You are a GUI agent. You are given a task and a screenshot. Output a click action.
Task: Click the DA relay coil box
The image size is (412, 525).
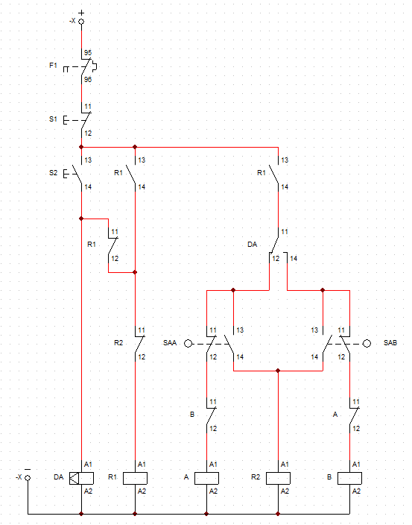[x=82, y=478]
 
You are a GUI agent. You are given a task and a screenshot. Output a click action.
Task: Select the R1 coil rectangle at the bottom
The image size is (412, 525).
[x=135, y=478]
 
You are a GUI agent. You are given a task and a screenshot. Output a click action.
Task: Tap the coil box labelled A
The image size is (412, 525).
[x=206, y=478]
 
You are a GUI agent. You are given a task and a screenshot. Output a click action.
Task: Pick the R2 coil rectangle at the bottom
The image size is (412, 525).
[x=278, y=478]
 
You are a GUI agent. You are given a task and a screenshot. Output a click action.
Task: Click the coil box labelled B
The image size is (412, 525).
[x=350, y=478]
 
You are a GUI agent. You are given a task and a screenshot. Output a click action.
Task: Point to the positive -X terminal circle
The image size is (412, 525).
[x=81, y=22]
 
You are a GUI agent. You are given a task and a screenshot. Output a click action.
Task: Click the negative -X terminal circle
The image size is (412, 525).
[x=28, y=478]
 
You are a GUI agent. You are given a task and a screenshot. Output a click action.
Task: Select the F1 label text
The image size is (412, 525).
[x=53, y=66]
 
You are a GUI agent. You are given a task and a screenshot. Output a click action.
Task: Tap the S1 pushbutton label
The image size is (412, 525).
[x=53, y=119]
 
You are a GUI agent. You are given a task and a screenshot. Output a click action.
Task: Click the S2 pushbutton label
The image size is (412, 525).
[x=53, y=173]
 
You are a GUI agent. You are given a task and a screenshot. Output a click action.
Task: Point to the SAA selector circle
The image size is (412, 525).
[x=188, y=344]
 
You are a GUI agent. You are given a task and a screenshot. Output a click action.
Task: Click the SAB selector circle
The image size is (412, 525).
[x=367, y=344]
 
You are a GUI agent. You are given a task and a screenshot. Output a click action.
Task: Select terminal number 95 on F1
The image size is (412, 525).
[x=88, y=52]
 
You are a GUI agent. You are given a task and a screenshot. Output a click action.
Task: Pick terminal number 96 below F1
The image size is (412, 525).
[x=88, y=79]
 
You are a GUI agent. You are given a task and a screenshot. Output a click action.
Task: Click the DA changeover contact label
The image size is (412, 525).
[x=252, y=245]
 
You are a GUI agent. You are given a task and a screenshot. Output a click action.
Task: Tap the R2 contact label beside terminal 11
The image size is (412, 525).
[x=118, y=343]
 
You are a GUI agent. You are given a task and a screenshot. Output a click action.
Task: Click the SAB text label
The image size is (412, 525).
[x=390, y=343]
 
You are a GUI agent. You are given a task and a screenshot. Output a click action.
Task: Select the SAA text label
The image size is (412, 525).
[x=170, y=343]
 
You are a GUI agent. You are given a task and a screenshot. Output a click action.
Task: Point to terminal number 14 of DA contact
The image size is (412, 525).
[x=294, y=259]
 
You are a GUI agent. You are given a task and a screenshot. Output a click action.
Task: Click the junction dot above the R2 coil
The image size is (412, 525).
[x=278, y=371]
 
